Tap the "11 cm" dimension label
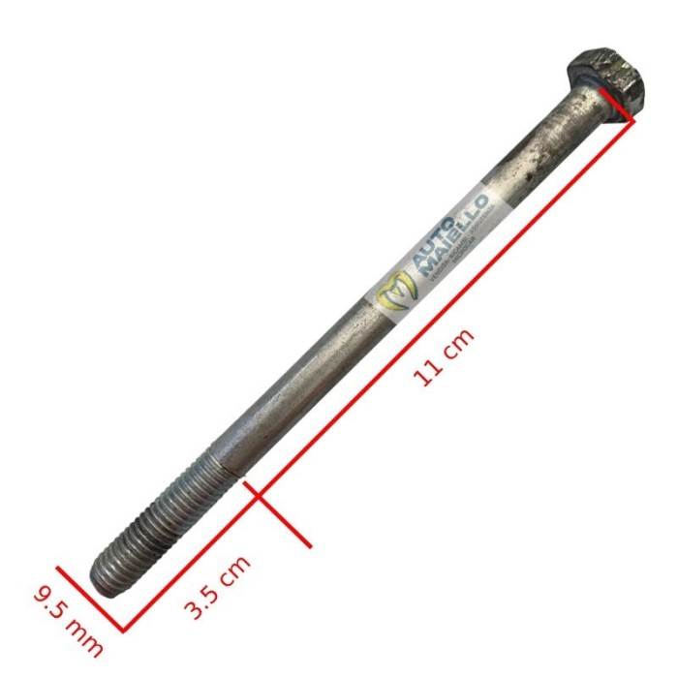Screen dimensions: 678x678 tap(445, 357)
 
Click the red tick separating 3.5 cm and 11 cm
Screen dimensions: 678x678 tap(280, 514)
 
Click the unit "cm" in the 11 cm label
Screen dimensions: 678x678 tap(460, 343)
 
